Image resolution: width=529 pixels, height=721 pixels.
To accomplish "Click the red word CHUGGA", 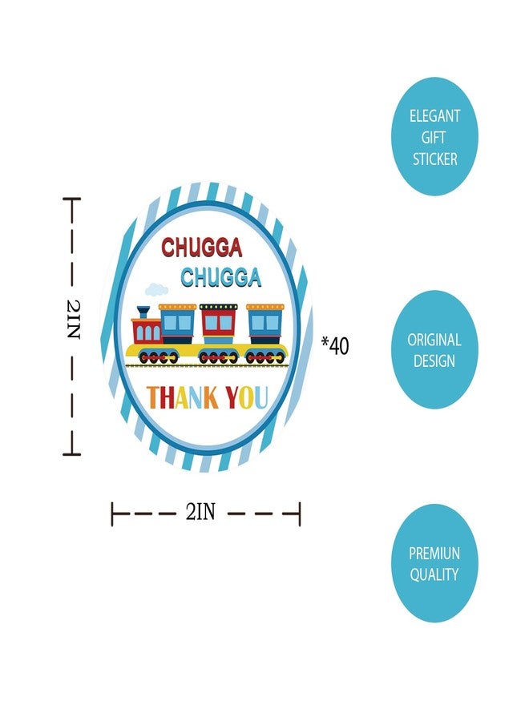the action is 201,247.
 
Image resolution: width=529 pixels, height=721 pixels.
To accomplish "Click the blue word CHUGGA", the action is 220,277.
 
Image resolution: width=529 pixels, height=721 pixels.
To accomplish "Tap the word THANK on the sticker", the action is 183,397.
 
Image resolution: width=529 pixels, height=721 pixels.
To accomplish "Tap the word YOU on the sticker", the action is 247,397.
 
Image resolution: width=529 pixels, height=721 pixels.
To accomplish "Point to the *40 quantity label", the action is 335,346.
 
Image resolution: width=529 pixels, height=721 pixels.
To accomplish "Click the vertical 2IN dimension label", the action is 74,319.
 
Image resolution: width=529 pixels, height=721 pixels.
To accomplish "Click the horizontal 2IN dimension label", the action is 200,511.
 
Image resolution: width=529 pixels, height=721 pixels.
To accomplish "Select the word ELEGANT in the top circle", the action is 434,116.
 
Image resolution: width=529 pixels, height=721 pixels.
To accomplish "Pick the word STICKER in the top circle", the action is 434,159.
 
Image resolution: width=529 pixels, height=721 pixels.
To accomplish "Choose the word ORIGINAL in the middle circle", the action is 434,340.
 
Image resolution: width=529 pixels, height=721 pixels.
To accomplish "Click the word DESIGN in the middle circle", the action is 434,361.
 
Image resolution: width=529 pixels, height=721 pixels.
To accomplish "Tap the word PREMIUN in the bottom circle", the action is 434,553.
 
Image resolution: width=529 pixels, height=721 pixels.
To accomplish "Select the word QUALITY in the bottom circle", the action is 434,574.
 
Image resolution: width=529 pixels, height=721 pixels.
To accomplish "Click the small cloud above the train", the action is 156,289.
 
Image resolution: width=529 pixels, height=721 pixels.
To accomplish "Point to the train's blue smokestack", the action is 143,312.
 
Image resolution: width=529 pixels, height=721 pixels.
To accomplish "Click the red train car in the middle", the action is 219,324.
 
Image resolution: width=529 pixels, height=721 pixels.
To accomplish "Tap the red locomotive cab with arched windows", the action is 147,331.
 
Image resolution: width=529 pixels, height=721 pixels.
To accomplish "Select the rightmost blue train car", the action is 265,324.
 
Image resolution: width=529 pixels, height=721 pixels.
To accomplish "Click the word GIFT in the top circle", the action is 434,138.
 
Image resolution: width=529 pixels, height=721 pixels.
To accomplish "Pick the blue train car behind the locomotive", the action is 178,324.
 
